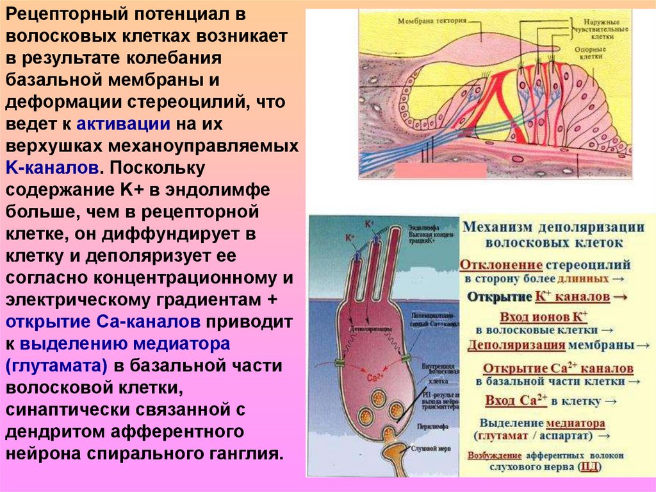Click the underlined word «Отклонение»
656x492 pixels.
click(502, 264)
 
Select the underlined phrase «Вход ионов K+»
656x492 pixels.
click(545, 316)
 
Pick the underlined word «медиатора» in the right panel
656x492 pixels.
click(575, 423)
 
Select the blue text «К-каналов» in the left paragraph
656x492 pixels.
click(53, 168)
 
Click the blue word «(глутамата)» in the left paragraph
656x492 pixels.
click(58, 366)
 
